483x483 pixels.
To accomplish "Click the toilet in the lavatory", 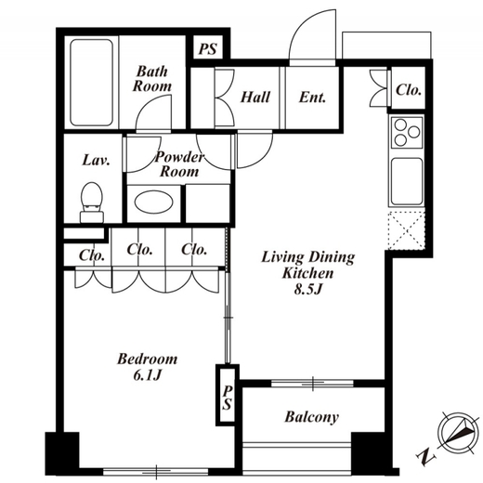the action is (x=91, y=202).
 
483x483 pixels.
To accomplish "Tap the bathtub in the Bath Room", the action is (x=91, y=83).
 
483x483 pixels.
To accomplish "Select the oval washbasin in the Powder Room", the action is (x=154, y=202).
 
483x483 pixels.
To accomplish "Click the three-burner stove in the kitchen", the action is (x=407, y=132).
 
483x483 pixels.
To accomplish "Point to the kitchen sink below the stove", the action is (x=407, y=181).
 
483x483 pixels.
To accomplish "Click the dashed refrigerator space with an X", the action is (x=407, y=230).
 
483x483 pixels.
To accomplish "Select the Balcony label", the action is (x=311, y=417).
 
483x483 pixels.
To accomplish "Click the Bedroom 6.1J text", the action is (x=148, y=367).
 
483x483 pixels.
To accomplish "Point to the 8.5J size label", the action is (x=308, y=290).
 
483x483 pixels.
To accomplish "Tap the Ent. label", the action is (x=312, y=98).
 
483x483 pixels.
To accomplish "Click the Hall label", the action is (x=255, y=97).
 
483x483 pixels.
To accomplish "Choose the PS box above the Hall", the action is (x=208, y=49).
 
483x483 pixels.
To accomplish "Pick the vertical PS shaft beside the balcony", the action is (x=228, y=396).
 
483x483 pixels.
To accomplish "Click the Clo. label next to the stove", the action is (x=409, y=90).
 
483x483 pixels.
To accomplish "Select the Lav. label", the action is (x=97, y=160).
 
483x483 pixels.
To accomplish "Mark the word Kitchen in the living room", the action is (x=308, y=274).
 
